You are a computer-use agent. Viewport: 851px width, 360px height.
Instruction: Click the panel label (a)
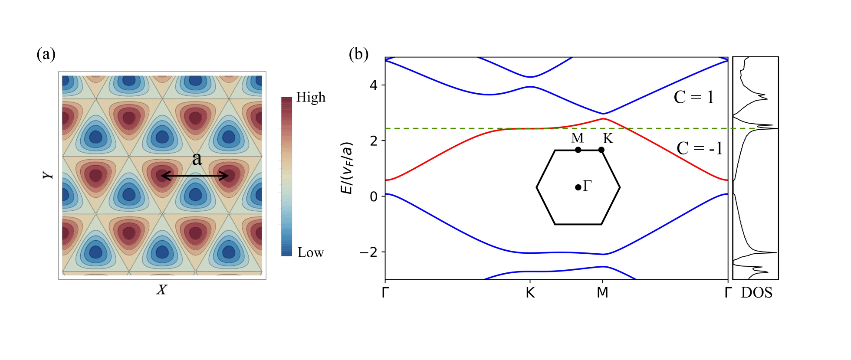tap(46, 54)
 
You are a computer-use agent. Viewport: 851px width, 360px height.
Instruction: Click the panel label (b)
tap(358, 54)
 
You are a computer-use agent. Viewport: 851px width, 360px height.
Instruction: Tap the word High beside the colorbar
tap(311, 97)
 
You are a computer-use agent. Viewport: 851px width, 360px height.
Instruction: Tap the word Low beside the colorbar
tap(311, 252)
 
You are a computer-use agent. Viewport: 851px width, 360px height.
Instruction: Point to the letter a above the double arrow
tap(197, 159)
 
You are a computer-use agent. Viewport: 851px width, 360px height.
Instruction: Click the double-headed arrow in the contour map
tap(195, 176)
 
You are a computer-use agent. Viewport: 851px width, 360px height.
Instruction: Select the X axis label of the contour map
tap(161, 290)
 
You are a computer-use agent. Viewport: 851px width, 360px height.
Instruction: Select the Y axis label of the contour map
tap(48, 175)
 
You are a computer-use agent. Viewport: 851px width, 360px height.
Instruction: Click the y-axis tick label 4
tap(374, 85)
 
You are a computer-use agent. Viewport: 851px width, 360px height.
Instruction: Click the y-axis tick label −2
tap(368, 252)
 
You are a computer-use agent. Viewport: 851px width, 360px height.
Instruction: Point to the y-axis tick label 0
tap(374, 196)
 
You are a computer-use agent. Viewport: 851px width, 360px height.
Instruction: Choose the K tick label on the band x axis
tap(530, 293)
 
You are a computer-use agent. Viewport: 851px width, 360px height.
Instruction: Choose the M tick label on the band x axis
tap(602, 293)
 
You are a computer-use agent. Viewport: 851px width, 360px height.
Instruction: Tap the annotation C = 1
tap(693, 97)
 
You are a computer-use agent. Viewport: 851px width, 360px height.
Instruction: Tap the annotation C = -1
tap(700, 148)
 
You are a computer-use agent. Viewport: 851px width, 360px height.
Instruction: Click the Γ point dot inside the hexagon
tap(578, 187)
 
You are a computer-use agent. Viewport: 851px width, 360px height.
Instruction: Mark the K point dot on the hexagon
tap(601, 150)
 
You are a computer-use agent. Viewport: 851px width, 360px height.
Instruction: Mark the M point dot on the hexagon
tap(578, 150)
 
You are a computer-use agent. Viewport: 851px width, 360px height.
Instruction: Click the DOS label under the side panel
tap(756, 293)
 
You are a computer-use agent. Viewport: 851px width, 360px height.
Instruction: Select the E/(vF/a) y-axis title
tap(347, 168)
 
